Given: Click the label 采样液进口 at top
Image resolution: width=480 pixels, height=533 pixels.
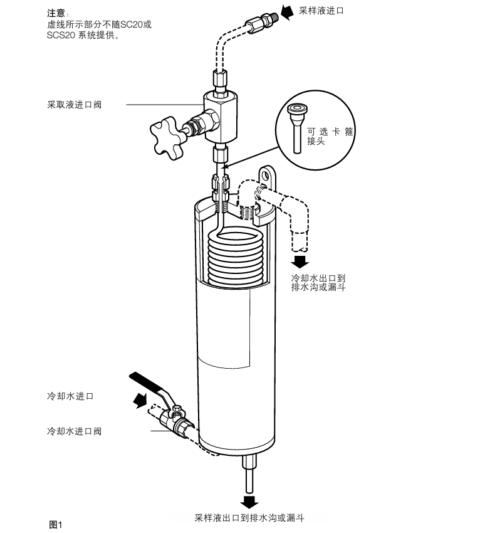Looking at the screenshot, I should [x=321, y=11].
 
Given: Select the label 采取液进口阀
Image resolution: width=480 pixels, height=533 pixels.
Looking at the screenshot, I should [x=74, y=105].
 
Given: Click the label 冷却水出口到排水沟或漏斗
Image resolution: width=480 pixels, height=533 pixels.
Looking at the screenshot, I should [x=318, y=282].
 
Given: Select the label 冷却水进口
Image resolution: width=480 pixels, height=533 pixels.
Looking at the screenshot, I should [x=70, y=396].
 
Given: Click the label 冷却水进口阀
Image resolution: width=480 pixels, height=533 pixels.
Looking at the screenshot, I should [x=74, y=431].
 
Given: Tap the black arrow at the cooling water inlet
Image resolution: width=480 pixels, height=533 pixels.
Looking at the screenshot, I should [x=140, y=399].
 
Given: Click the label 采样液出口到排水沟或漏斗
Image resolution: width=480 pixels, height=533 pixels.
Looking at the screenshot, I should [x=249, y=519].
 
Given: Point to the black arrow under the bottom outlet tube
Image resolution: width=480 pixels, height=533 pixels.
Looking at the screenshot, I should [x=250, y=501].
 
